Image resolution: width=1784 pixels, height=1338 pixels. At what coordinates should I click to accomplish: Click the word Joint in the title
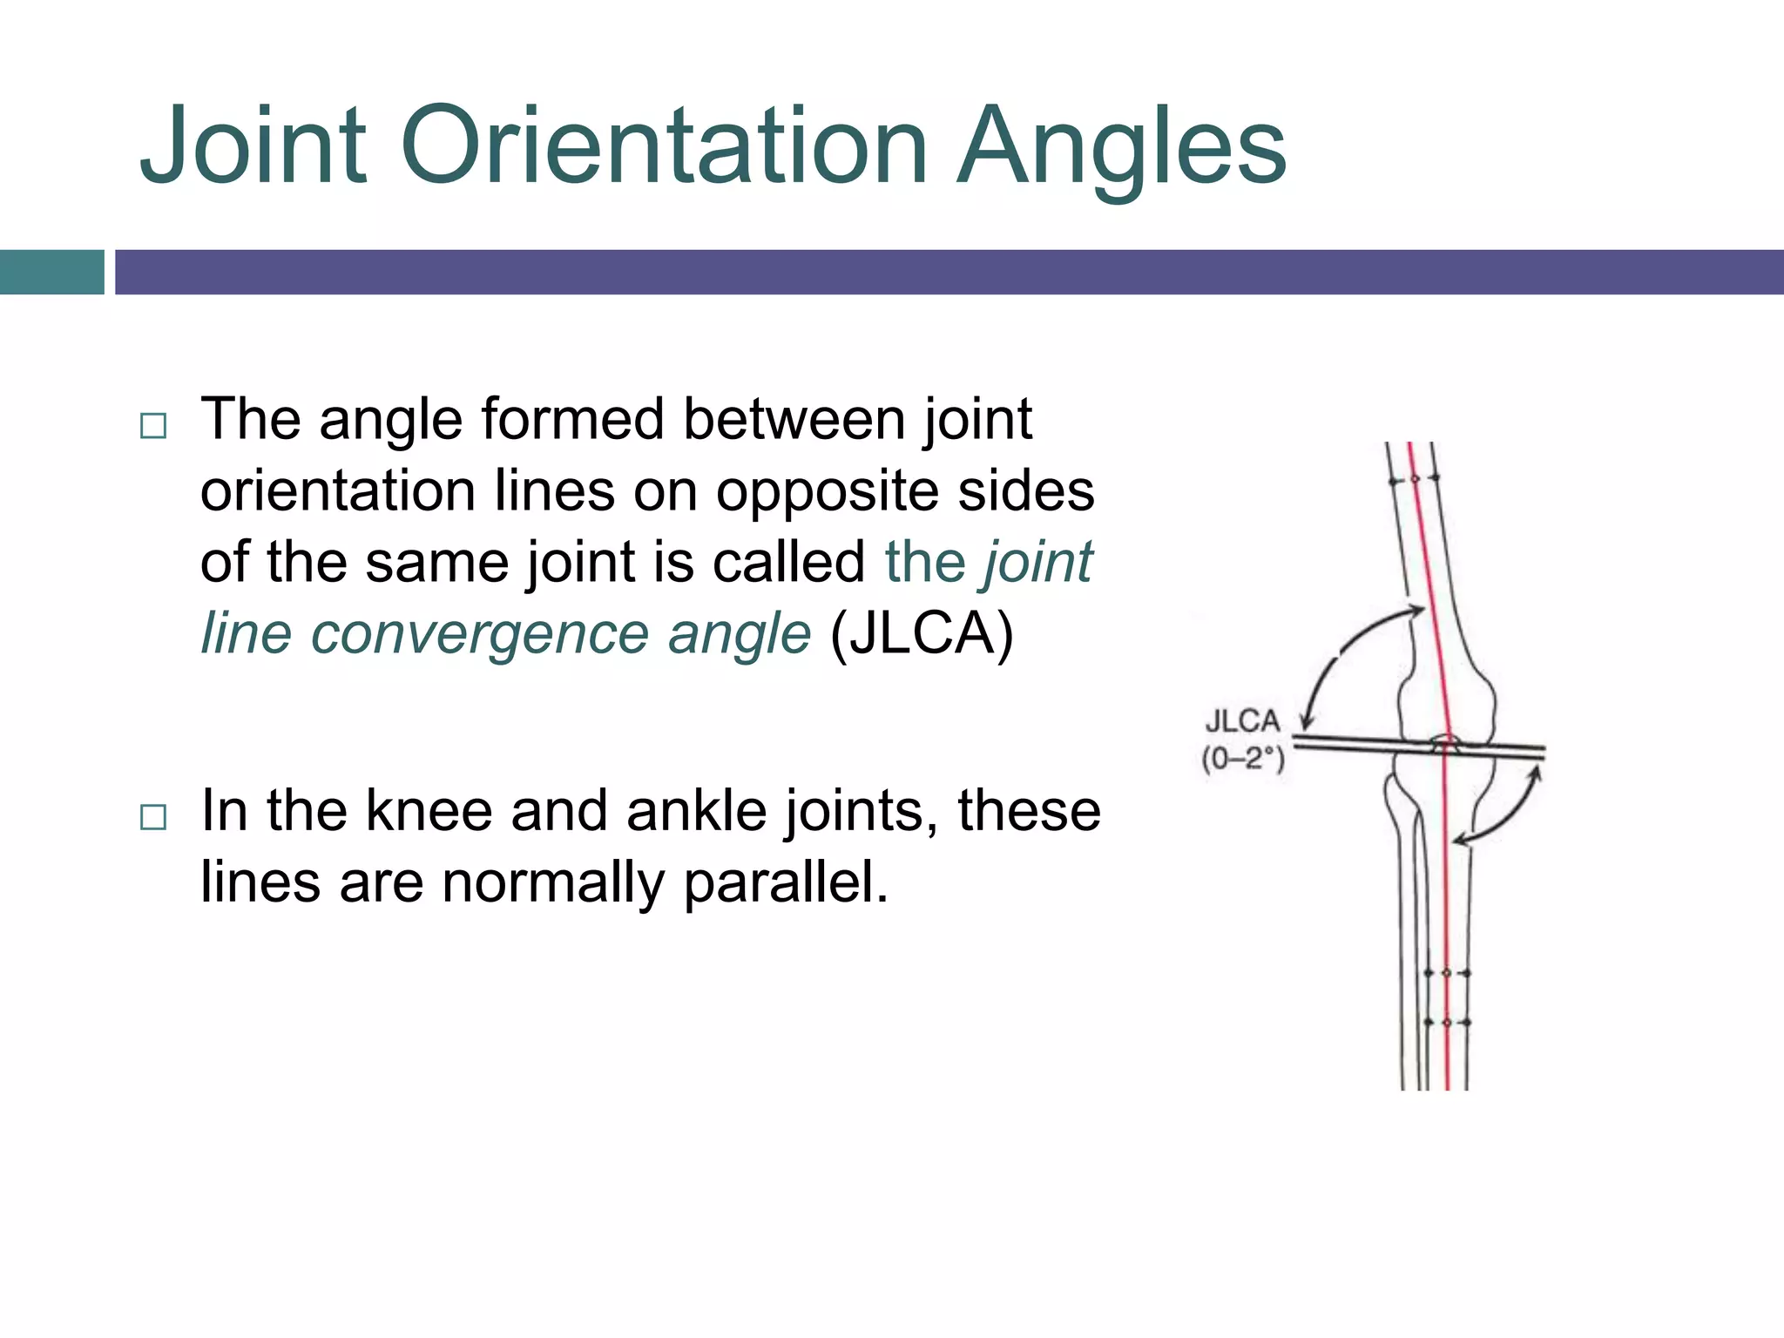tap(253, 146)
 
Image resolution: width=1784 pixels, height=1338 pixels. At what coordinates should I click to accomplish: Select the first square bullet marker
tap(153, 426)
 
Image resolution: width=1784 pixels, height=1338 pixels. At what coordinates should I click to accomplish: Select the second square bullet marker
tap(153, 817)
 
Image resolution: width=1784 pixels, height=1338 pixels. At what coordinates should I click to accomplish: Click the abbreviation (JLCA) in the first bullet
tap(922, 634)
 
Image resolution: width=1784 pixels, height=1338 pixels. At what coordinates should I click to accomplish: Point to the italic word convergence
tap(480, 634)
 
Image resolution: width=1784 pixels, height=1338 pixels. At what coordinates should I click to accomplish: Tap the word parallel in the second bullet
tap(785, 882)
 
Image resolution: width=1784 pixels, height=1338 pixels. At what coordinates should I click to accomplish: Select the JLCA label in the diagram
tap(1242, 722)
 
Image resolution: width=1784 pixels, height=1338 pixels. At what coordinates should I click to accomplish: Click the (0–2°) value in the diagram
tap(1243, 760)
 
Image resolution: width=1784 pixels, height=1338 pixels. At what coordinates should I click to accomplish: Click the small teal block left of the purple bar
tap(51, 272)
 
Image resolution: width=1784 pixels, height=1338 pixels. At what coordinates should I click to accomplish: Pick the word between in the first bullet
tap(794, 420)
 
